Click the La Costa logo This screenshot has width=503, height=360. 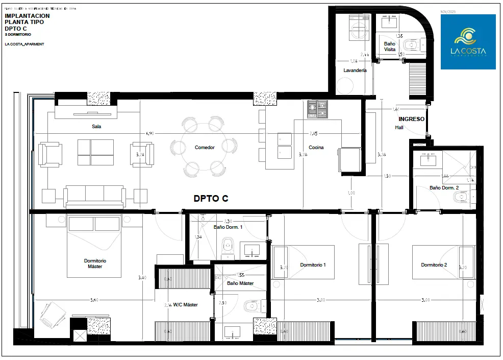(x=468, y=41)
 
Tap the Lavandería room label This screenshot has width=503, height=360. (x=355, y=70)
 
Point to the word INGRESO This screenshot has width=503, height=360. (x=411, y=119)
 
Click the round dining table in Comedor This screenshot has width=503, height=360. (x=204, y=147)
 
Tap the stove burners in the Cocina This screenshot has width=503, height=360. (x=317, y=109)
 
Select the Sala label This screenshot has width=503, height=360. (x=96, y=127)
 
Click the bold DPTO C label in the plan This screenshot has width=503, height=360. (x=210, y=199)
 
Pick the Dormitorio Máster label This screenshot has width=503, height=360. (x=95, y=263)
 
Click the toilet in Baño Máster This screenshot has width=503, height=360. (x=250, y=306)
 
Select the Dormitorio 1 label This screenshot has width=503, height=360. (x=313, y=265)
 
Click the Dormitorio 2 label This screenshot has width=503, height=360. (x=434, y=265)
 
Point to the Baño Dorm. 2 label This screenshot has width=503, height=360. (x=444, y=188)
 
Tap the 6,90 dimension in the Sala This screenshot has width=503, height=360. (x=149, y=133)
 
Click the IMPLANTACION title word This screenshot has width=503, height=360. (x=27, y=16)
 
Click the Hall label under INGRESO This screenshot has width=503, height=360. (x=399, y=127)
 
